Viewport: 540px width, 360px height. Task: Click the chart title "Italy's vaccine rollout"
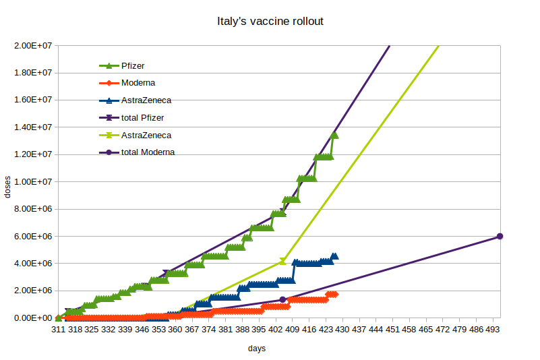270,22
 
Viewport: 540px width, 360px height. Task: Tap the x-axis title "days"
256,349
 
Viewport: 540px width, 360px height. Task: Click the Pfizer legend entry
133,65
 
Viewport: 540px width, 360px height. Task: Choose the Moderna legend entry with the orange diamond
138,83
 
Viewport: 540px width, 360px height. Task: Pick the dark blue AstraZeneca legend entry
146,100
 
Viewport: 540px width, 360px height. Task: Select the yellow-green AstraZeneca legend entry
146,135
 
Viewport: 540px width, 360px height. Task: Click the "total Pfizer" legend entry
142,118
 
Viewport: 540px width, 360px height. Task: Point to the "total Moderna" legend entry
148,152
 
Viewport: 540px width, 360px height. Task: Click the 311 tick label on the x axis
58,330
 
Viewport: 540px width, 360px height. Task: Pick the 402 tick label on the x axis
275,330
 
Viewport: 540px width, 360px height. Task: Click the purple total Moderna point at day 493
500,236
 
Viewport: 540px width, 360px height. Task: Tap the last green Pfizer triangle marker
334,135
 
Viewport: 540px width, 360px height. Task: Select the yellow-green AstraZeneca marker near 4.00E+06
282,261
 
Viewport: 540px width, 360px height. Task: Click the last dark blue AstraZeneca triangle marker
334,256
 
